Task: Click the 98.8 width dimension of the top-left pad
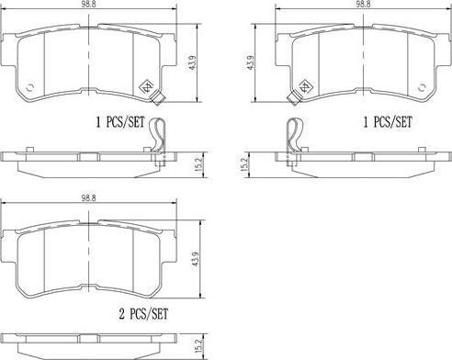click(88, 3)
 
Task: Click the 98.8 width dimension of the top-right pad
click(363, 3)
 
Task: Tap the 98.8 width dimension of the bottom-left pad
click(88, 198)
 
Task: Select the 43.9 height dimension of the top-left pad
click(193, 62)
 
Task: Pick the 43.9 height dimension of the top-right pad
click(251, 62)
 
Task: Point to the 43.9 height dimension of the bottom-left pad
click(195, 259)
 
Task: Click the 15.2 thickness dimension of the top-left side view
click(198, 164)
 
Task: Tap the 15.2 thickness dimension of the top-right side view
click(244, 164)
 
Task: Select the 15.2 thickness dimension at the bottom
click(198, 345)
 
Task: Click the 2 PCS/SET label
click(143, 314)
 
